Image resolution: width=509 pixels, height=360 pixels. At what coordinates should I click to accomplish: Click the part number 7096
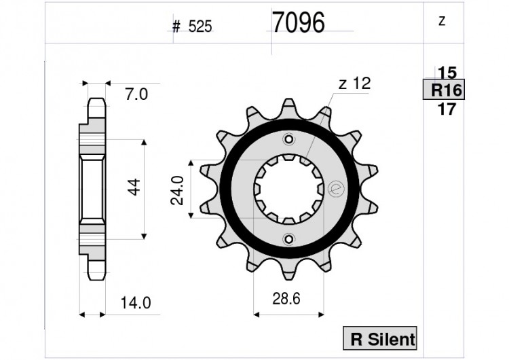tap(299, 22)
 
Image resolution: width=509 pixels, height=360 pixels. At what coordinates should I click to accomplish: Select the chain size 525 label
tap(200, 26)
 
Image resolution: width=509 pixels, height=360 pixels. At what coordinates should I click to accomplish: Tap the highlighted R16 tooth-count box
tap(444, 90)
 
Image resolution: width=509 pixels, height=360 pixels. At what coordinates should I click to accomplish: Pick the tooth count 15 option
tap(447, 73)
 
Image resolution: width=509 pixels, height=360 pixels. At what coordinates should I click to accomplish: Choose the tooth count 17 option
tap(447, 109)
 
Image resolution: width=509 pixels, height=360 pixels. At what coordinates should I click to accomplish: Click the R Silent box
tap(380, 338)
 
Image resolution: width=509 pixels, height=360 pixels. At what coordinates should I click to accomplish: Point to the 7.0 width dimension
tap(136, 94)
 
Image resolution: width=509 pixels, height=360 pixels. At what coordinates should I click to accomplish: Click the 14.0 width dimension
tap(136, 303)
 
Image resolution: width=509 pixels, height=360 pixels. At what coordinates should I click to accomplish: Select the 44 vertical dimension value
tap(134, 187)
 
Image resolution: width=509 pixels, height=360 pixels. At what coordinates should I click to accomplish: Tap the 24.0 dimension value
tap(177, 190)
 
